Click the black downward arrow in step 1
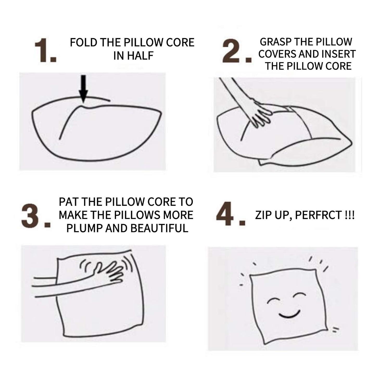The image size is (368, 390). point(84,89)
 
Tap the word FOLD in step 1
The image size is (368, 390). point(83,43)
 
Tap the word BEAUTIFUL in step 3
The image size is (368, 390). point(159,228)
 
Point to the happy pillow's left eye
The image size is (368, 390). point(274,301)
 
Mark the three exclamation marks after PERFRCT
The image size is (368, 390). point(350,215)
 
